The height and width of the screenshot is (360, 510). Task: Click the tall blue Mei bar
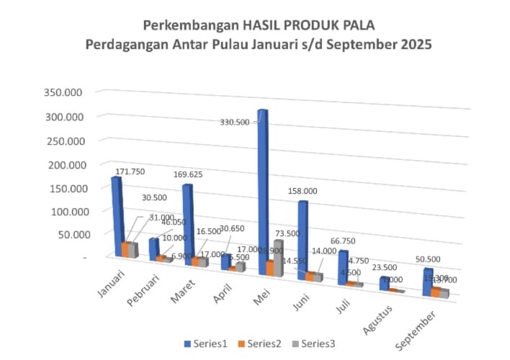click(262, 187)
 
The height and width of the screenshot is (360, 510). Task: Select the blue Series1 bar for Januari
click(116, 216)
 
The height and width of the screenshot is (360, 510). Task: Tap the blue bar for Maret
click(187, 223)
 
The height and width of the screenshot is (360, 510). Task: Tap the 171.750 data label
click(141, 171)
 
